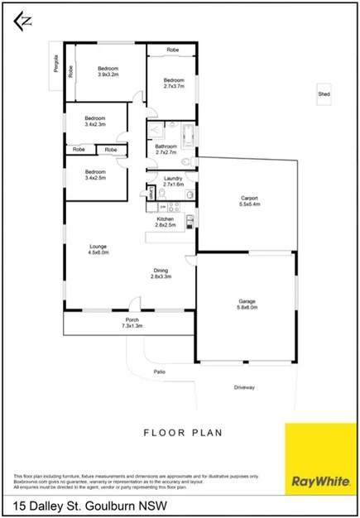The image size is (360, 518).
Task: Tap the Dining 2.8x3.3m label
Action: coord(161,274)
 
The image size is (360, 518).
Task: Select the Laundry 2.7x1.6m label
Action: coord(173,181)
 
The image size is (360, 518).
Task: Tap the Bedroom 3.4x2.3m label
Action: coord(96,121)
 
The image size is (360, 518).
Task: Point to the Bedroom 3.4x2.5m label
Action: coord(96,175)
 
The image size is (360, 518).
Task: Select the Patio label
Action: coord(160,372)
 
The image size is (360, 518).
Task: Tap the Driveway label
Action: coord(244,386)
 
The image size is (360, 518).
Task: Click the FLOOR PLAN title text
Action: coord(180,432)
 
